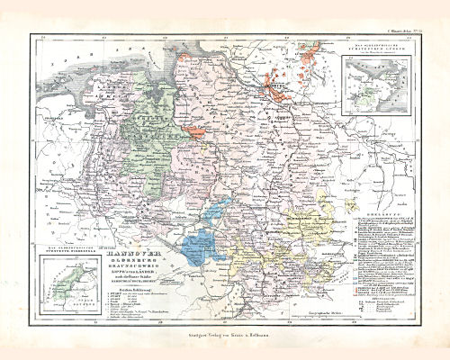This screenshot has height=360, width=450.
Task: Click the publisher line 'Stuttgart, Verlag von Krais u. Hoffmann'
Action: pos(224,332)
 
